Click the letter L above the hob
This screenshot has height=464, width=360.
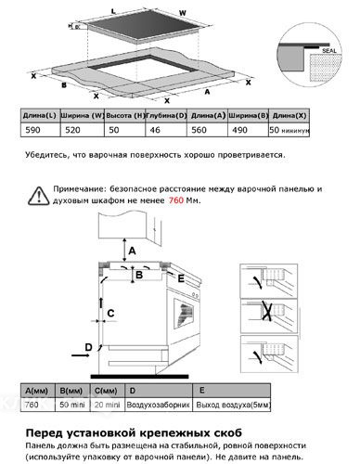point(113,9)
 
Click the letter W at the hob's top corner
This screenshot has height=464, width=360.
point(208,13)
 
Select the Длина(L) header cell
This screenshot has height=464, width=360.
point(38,115)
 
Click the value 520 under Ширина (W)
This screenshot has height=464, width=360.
point(79,132)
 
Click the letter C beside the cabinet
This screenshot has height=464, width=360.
point(110,314)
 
